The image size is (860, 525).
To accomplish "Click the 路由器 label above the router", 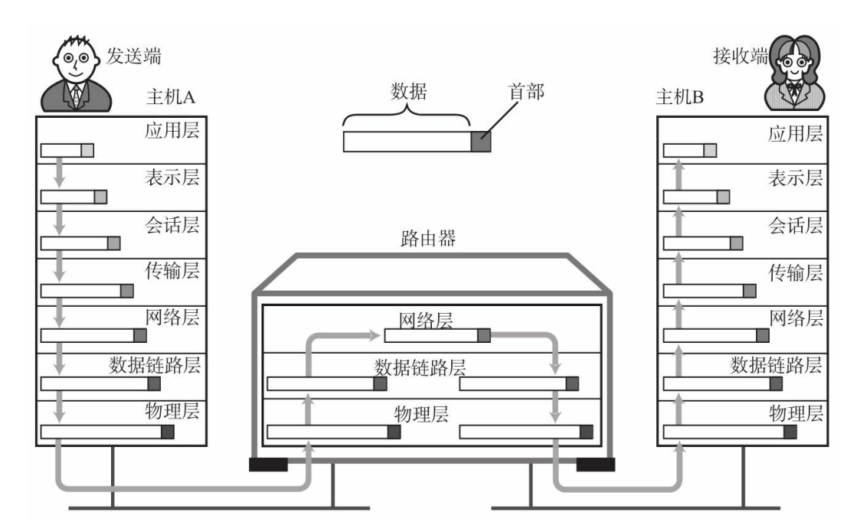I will click(x=429, y=240).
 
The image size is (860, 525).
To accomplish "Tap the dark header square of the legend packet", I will click(x=480, y=142).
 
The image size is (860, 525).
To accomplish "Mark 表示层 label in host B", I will click(x=796, y=178).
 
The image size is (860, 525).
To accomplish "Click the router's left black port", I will click(x=268, y=464).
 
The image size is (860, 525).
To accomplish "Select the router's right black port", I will click(x=595, y=464).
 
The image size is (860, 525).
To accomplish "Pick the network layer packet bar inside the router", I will click(x=437, y=335).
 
